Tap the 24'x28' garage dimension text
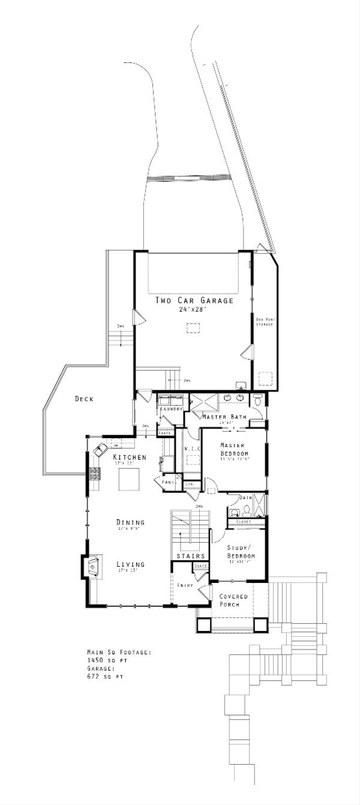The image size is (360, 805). (x=193, y=310)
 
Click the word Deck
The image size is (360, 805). (x=84, y=399)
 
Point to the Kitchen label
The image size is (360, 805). (x=130, y=457)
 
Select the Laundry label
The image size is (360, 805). (x=171, y=409)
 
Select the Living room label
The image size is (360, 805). (x=130, y=564)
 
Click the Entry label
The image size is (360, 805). (x=185, y=585)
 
